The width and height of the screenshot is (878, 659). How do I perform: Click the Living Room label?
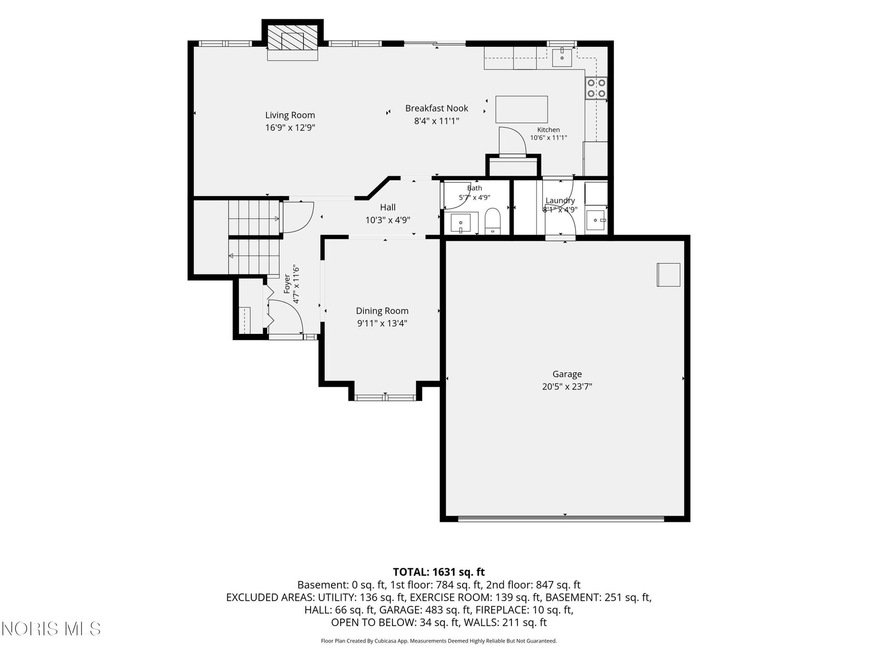(290, 115)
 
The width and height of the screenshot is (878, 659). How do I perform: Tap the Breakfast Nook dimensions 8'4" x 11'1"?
(436, 121)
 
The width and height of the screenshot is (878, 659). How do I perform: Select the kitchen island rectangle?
(522, 109)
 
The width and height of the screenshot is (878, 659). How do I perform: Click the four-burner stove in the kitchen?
(596, 88)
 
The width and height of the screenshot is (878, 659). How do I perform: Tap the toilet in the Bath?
(492, 221)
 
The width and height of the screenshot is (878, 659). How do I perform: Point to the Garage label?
(567, 374)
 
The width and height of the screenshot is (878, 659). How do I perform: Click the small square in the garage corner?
(668, 275)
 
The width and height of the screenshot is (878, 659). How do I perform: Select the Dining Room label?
(382, 311)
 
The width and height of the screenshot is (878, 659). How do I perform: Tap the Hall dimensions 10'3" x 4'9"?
(387, 220)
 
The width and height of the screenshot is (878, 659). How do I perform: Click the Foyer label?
(287, 284)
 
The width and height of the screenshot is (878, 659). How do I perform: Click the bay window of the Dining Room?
(385, 397)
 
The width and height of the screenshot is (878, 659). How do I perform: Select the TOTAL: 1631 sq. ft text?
(439, 572)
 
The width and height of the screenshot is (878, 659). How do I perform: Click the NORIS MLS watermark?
(51, 629)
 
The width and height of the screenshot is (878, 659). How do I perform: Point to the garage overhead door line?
(561, 519)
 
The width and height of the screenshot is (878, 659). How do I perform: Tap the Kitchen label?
(548, 130)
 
